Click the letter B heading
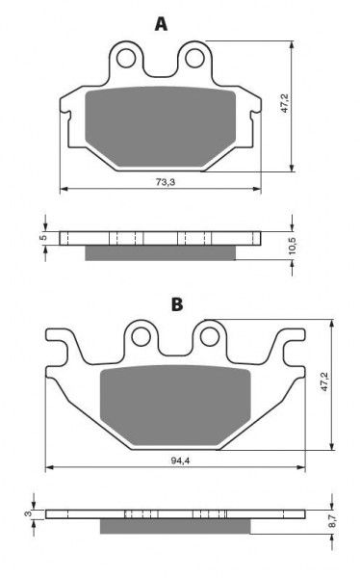(176, 304)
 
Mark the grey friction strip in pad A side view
(160, 252)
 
